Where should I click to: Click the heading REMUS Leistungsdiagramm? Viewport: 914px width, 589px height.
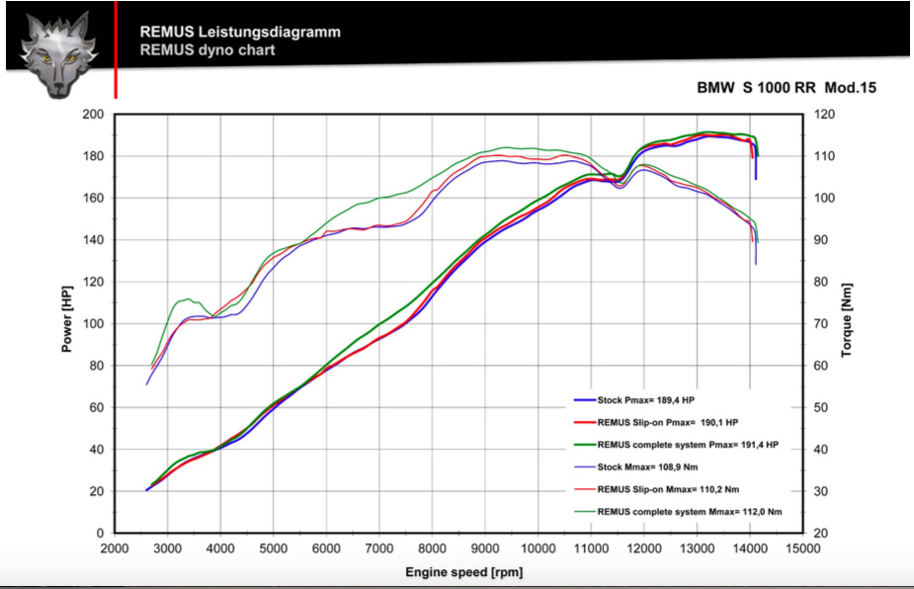point(240,32)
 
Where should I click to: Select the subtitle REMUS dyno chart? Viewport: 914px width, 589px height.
point(208,49)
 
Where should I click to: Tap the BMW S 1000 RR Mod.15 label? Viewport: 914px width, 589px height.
point(788,88)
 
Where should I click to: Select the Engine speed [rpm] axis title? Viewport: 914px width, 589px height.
point(463,572)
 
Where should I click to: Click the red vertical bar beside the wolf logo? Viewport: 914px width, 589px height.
point(116,49)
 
